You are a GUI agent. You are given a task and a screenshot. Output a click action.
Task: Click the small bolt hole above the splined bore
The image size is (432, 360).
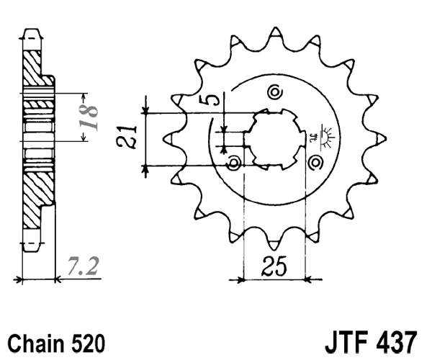273,91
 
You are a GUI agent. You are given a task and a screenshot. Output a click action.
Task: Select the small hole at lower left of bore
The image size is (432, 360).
233,165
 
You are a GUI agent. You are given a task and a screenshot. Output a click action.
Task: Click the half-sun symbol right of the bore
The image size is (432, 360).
326,136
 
